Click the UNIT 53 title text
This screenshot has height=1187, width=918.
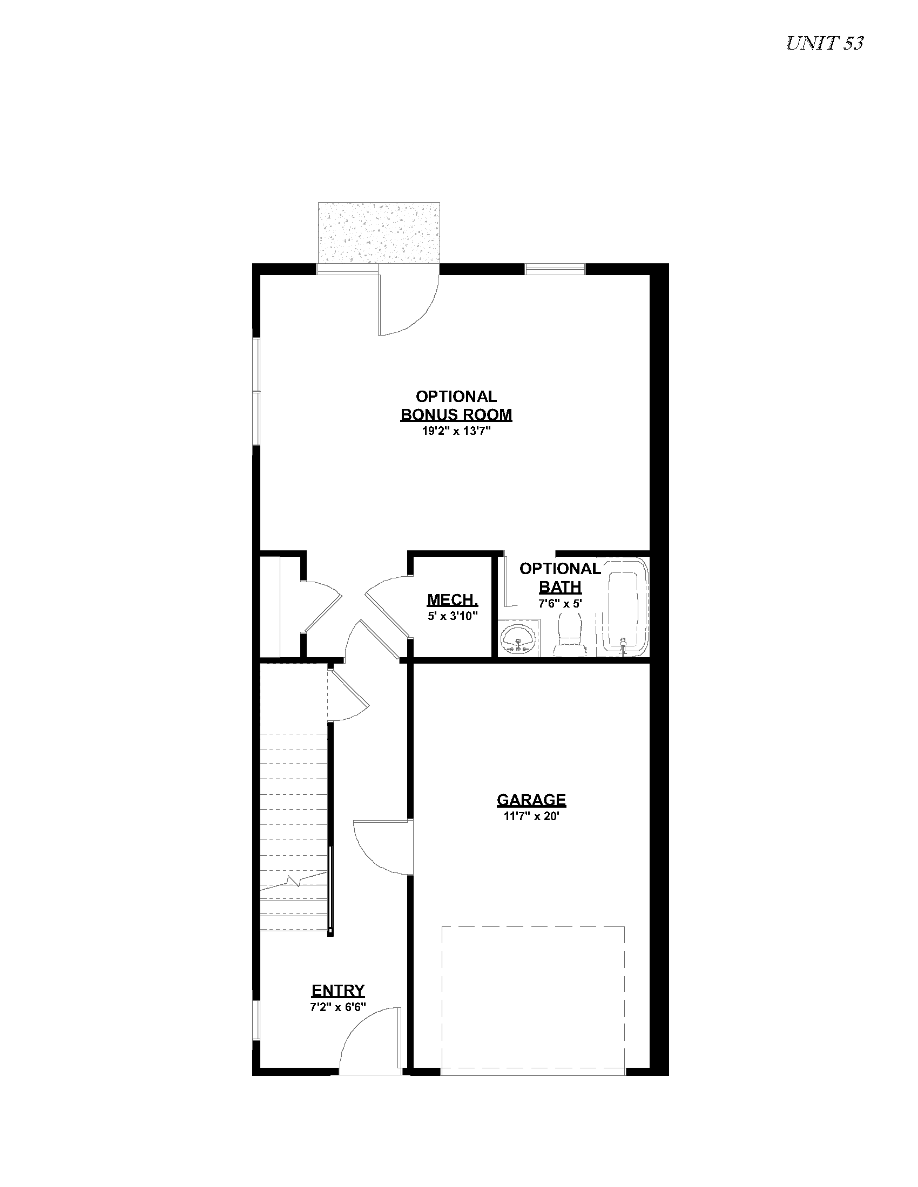[x=825, y=44]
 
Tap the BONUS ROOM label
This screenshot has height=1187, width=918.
[x=456, y=414]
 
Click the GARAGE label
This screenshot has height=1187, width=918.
[x=531, y=800]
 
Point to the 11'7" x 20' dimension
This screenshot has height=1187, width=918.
[x=531, y=816]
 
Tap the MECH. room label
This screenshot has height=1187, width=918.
[x=453, y=599]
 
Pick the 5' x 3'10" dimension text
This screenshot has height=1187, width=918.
[x=453, y=616]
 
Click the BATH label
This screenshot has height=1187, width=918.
[x=560, y=587]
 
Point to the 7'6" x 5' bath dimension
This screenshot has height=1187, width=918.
[x=560, y=603]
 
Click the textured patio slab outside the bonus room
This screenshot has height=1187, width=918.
[x=379, y=233]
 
